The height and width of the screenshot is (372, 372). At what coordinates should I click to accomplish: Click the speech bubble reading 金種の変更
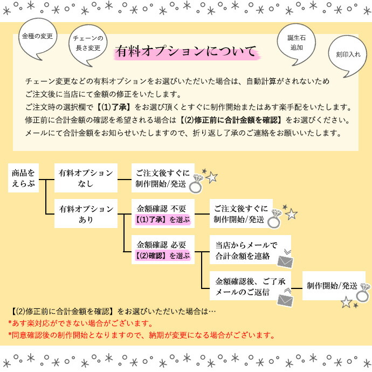[x=38, y=38]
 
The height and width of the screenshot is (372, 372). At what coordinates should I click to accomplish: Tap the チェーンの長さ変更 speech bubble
[x=88, y=44]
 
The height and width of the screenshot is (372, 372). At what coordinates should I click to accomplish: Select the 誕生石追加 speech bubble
[x=297, y=43]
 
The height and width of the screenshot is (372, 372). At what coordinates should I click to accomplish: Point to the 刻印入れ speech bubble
[x=348, y=54]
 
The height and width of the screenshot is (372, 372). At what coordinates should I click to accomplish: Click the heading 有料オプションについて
[x=187, y=51]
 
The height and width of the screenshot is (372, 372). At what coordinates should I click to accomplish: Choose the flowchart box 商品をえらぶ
[x=23, y=178]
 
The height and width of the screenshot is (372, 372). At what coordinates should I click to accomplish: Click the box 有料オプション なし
[x=86, y=178]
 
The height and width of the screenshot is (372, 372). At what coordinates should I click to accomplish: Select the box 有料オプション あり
[x=86, y=213]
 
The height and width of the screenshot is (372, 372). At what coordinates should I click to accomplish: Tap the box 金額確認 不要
[x=163, y=213]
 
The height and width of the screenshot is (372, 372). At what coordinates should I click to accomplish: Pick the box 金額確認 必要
[x=163, y=250]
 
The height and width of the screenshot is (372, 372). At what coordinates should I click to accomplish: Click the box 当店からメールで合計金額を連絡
[x=250, y=250]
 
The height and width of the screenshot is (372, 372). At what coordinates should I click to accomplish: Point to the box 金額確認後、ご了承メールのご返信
[x=250, y=286]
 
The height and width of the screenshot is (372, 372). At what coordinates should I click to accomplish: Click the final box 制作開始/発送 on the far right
[x=334, y=286]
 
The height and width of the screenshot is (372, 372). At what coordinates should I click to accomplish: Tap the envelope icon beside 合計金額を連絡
[x=285, y=261]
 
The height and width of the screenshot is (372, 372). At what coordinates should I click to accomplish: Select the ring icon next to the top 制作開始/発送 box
[x=196, y=184]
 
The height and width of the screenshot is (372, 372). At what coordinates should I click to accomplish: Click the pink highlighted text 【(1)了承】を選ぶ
[x=163, y=219]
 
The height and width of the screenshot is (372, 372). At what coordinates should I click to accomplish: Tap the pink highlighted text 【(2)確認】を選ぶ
[x=163, y=256]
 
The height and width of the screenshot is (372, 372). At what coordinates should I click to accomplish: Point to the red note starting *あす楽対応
[x=80, y=323]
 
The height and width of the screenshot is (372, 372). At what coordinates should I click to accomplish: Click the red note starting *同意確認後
[x=141, y=335]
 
